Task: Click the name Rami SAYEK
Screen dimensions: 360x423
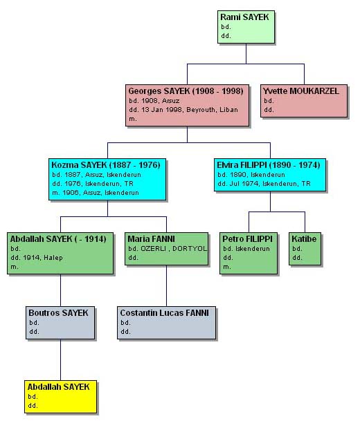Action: (x=244, y=17)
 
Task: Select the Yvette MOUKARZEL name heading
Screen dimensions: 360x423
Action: (x=301, y=91)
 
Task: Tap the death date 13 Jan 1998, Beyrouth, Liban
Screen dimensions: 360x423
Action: (x=183, y=110)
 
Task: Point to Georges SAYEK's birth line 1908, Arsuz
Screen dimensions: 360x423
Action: (x=154, y=101)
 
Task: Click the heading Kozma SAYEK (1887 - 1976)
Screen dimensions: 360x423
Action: (x=106, y=165)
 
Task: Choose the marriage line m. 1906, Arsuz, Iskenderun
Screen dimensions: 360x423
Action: (x=96, y=193)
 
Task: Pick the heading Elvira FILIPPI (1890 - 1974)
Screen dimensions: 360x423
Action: (x=269, y=165)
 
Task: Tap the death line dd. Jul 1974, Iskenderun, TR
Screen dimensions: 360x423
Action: (x=264, y=184)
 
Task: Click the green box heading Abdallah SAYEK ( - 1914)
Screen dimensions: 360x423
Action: (x=58, y=239)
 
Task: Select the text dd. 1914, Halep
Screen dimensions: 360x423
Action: (x=37, y=258)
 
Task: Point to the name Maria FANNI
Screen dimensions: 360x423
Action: (x=151, y=239)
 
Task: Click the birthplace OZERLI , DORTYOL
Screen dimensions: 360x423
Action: (x=174, y=249)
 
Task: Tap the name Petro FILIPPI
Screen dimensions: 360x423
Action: (x=247, y=239)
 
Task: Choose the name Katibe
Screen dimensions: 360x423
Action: (x=304, y=239)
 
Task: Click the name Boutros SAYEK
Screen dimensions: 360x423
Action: (x=58, y=313)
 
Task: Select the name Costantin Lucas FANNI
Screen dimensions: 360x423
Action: (x=164, y=313)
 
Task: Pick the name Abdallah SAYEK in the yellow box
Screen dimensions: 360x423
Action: (x=58, y=387)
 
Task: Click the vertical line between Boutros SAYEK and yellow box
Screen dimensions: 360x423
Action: (x=60, y=360)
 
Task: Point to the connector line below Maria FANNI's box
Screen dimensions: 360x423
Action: (x=166, y=285)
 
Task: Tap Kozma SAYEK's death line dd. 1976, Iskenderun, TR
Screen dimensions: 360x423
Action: (x=93, y=184)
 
